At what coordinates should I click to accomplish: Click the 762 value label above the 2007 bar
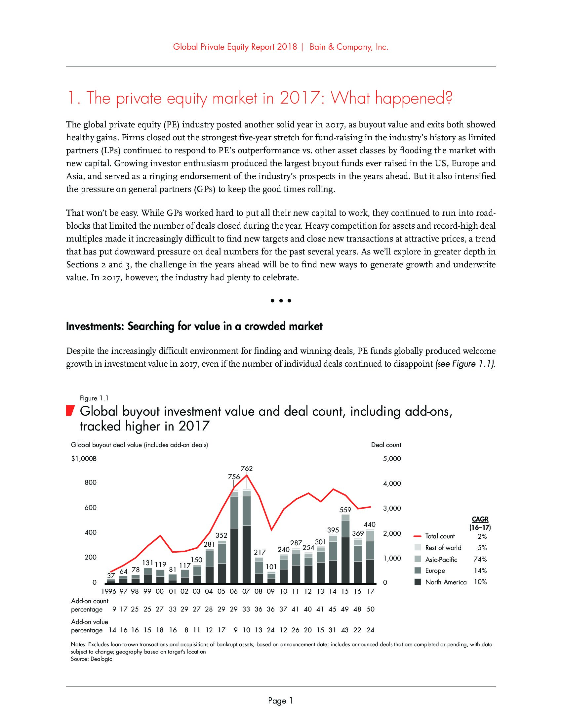click(247, 468)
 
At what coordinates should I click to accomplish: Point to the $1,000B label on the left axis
click(84, 459)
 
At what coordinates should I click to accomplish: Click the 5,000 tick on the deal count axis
click(392, 459)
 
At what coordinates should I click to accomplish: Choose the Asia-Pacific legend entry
click(441, 559)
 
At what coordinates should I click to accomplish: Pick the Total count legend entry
click(440, 536)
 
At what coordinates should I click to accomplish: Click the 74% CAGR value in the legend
click(480, 559)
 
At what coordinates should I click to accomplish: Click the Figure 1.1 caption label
click(94, 398)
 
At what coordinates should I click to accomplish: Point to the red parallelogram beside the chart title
click(69, 411)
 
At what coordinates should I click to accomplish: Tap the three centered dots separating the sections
click(281, 301)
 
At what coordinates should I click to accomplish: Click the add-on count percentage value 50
click(370, 609)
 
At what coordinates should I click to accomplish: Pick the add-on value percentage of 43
click(345, 630)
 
